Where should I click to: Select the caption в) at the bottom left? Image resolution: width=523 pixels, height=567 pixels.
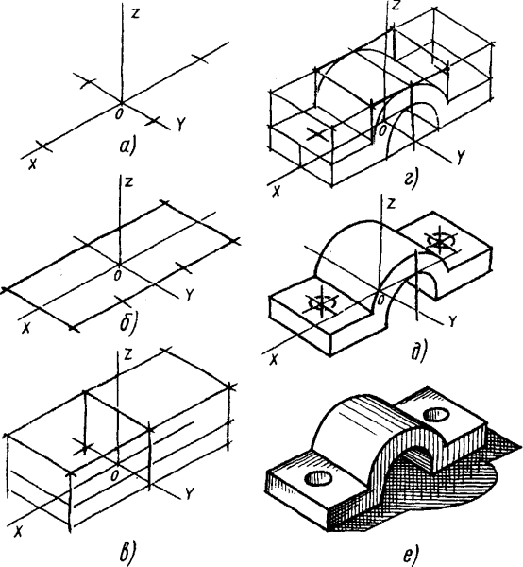[127, 555]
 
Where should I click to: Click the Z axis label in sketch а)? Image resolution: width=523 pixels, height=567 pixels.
[134, 14]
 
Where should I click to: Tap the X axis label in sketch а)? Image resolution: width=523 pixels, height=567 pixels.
[32, 163]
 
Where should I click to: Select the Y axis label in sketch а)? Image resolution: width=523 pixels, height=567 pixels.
[180, 125]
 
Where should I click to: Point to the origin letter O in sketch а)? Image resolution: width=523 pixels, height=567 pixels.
[118, 113]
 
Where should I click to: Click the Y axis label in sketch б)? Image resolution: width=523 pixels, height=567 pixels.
[189, 295]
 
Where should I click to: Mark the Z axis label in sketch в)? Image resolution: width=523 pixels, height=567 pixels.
[127, 354]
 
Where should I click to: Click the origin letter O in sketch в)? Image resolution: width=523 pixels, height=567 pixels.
[114, 475]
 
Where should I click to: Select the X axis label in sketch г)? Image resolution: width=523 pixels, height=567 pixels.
[276, 191]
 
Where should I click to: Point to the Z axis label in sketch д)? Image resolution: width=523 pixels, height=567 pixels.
[391, 203]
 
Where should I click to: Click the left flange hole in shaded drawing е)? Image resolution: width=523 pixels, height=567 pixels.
[318, 478]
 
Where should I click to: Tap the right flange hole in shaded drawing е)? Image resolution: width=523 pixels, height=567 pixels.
[436, 413]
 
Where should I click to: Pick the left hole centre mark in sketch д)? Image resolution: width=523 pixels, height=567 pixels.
[321, 303]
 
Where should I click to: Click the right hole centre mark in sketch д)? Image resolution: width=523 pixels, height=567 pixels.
[439, 242]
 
